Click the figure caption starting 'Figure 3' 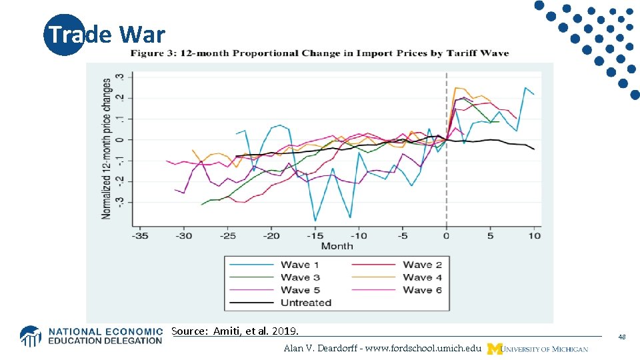tap(319, 53)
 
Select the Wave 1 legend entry tap(299, 265)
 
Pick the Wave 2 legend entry tap(422, 265)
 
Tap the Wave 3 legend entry tap(300, 277)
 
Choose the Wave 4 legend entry tap(422, 277)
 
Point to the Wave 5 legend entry tap(300, 290)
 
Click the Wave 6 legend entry tap(422, 290)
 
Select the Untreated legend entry tap(306, 303)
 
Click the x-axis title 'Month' tap(337, 246)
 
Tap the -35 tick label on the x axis tap(140, 235)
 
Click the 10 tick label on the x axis tap(534, 235)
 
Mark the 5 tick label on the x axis tap(490, 235)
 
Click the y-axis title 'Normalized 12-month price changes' tap(107, 149)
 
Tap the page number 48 tap(621, 337)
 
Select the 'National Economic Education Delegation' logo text tap(105, 336)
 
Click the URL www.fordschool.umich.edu tap(382, 349)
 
